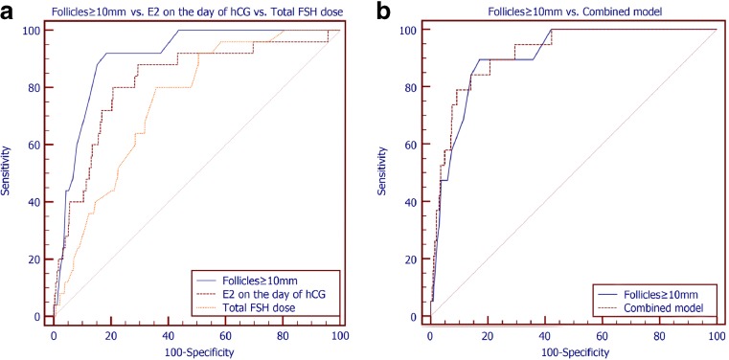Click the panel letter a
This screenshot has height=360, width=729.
[x=9, y=11]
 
